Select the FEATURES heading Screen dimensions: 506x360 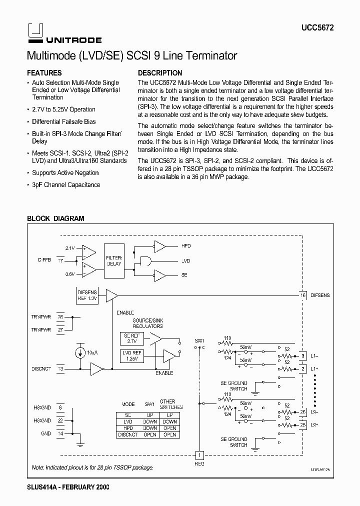point(44,72)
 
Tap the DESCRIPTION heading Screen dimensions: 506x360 point(160,72)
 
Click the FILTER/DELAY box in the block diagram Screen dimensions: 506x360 point(113,260)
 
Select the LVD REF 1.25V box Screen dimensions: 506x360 point(131,355)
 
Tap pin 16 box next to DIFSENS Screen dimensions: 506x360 point(302,295)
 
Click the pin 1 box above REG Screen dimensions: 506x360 point(199,455)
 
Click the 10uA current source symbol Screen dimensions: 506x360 point(80,352)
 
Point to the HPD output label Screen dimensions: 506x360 point(186,246)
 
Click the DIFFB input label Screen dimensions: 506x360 point(44,260)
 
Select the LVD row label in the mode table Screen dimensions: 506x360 point(128,421)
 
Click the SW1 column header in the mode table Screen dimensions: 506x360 point(149,404)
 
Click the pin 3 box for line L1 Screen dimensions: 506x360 point(302,356)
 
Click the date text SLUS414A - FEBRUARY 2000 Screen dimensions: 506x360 point(67,486)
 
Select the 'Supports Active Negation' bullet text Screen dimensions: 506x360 point(65,172)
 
